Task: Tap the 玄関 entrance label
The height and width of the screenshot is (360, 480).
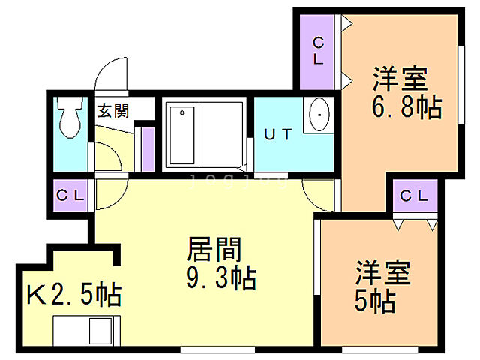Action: tap(113, 111)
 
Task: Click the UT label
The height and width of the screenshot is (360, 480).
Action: tap(277, 135)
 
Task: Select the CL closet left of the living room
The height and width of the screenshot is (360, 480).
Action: tap(71, 196)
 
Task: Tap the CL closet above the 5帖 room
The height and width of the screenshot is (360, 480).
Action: tap(414, 196)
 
